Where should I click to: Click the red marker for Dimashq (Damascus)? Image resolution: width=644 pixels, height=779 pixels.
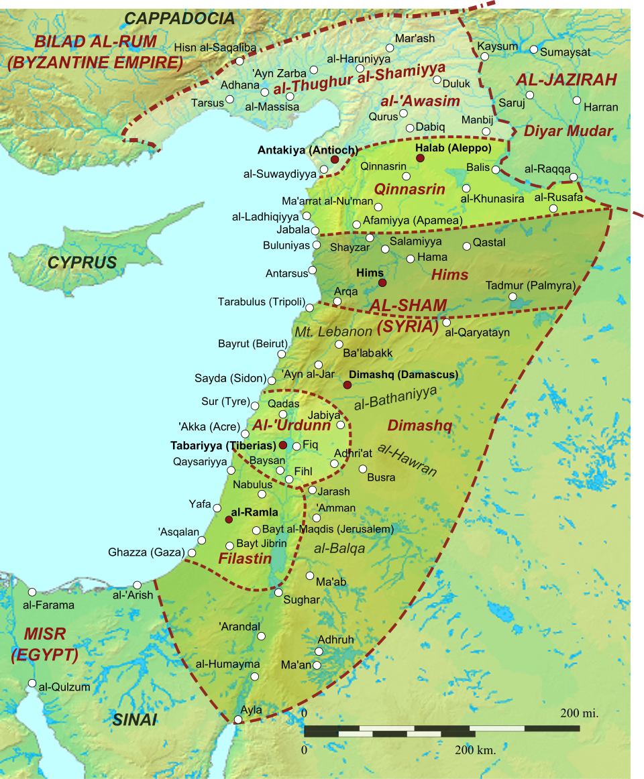347,385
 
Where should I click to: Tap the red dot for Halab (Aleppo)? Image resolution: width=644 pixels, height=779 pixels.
420,158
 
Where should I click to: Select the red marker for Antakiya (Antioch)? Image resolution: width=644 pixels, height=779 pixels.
334,160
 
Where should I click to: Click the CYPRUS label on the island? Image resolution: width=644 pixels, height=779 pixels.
83,263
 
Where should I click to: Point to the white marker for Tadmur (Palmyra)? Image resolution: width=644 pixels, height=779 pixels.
513,296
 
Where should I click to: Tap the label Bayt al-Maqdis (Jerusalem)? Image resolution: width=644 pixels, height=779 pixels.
328,529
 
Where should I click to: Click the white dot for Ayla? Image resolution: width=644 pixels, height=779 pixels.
237,720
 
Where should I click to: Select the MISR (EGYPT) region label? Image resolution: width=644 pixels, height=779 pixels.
44,644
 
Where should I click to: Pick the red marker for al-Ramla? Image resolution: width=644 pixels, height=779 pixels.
229,520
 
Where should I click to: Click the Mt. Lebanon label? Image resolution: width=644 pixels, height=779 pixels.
333,331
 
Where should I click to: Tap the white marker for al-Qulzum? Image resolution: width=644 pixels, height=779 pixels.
32,683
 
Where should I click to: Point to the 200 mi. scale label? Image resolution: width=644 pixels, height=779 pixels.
579,713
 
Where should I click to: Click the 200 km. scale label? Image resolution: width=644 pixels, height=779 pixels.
476,750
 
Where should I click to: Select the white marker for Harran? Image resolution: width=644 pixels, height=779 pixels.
577,101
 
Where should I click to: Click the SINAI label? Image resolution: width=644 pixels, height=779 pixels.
134,720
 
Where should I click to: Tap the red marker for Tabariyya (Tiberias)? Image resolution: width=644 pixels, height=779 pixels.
283,445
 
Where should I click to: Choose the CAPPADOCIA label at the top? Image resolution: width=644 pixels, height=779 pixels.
180,18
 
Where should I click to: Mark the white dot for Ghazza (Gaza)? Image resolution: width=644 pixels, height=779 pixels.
192,553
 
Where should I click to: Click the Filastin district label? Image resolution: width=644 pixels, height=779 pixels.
245,558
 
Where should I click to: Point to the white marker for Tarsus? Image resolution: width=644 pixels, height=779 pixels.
229,99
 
